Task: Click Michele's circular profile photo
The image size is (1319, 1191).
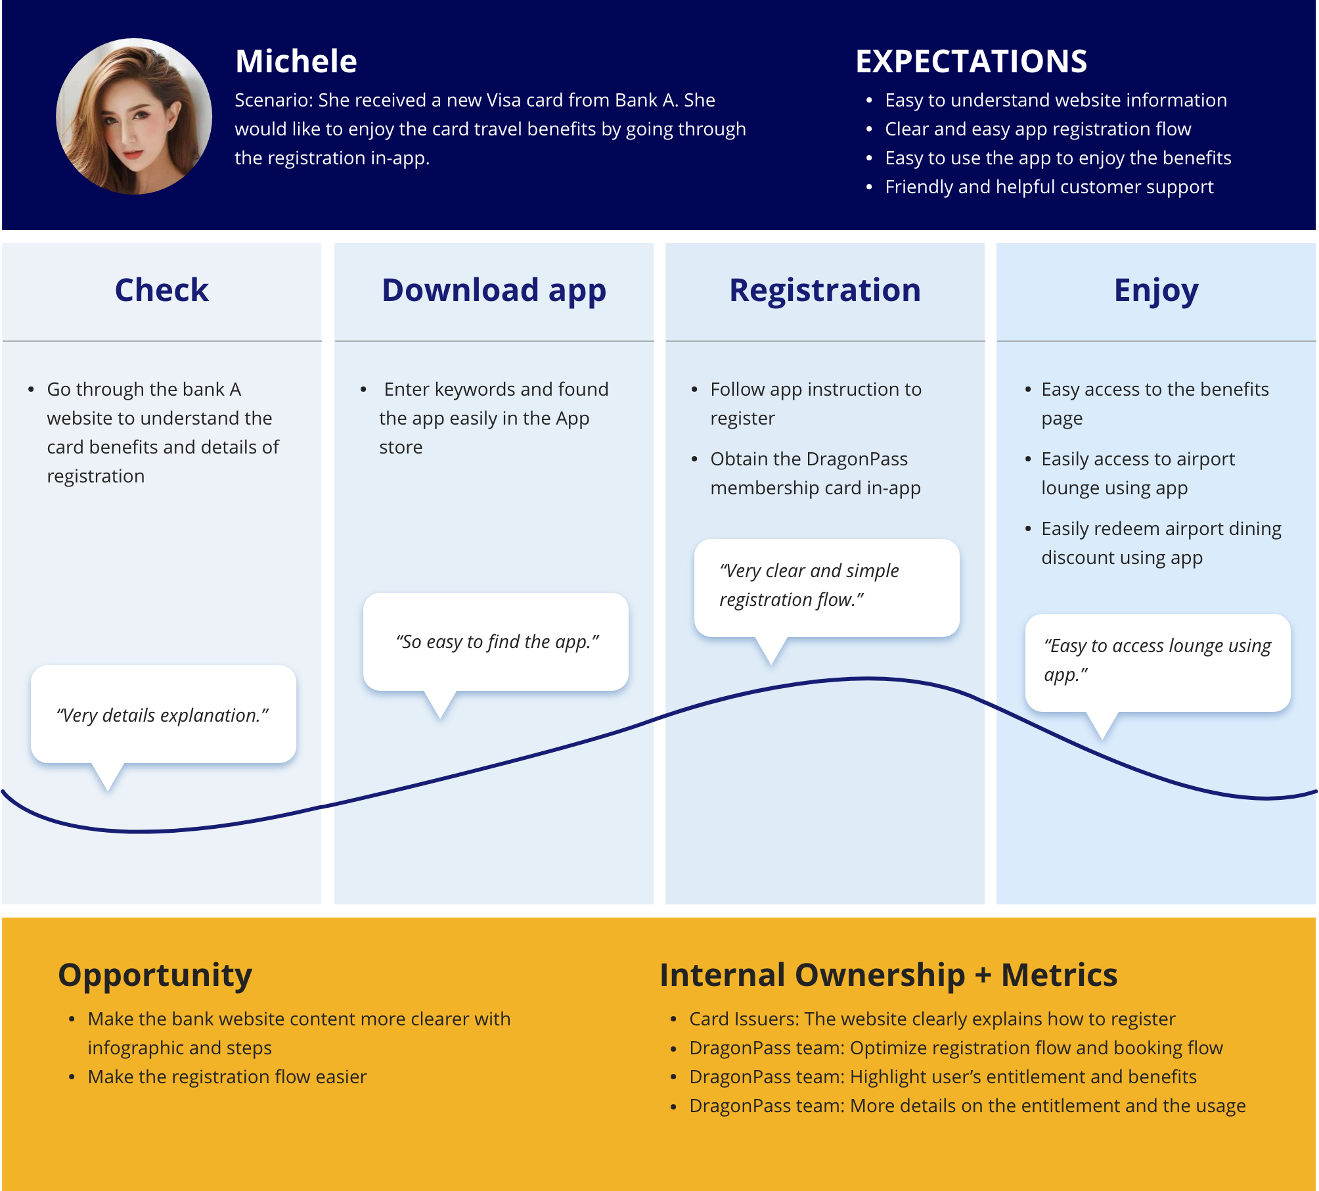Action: [x=134, y=116]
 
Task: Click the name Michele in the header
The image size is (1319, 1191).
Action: [x=296, y=61]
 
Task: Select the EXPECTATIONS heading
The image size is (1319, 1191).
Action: [x=971, y=61]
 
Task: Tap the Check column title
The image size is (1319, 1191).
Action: [x=162, y=290]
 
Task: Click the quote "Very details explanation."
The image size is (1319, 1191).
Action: [x=163, y=715]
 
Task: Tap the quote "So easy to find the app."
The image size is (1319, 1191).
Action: [x=498, y=642]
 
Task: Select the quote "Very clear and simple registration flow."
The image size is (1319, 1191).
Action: [x=809, y=585]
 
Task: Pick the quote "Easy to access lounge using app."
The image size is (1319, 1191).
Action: [x=1157, y=660]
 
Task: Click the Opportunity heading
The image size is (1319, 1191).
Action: [x=155, y=975]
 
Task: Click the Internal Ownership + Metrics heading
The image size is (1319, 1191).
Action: [x=888, y=975]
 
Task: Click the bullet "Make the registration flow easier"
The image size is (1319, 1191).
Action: [x=227, y=1077]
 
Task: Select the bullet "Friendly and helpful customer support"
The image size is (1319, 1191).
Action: [x=1049, y=187]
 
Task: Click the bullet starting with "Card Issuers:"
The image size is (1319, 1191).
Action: [x=932, y=1019]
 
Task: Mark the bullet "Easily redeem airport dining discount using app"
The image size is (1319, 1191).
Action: [x=1161, y=543]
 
